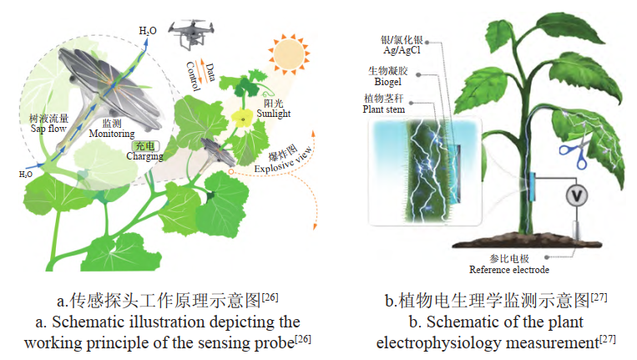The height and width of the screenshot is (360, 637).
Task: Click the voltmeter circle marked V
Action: (x=576, y=195)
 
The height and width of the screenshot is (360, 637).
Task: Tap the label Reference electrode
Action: (x=510, y=269)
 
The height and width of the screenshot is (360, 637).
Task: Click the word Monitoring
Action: (x=105, y=133)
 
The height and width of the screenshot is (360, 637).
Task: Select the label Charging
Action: (x=121, y=155)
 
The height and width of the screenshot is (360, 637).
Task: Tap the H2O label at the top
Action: (x=147, y=32)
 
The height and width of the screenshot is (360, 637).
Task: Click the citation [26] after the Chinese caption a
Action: (x=270, y=296)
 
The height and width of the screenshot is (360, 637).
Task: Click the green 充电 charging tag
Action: (x=121, y=145)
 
